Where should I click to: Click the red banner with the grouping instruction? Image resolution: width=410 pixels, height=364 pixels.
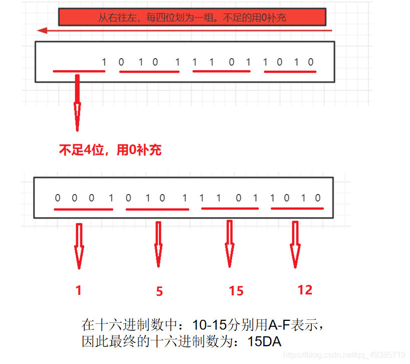pos(192,18)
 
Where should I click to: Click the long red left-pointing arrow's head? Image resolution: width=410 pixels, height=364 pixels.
pos(43,31)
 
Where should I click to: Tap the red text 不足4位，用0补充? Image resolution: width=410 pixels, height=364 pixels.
pos(110,150)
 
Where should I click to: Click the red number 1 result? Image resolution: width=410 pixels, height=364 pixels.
pos(78,290)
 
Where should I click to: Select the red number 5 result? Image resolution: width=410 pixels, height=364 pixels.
pos(159,291)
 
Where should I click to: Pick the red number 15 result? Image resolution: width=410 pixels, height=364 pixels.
pos(236,291)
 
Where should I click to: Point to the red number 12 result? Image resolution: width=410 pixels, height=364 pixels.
pos(304,290)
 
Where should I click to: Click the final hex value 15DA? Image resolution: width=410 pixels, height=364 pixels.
pos(265,342)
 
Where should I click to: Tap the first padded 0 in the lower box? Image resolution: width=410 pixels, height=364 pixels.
pos(57,198)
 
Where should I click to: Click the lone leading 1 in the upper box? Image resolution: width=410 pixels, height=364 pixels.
pos(104,63)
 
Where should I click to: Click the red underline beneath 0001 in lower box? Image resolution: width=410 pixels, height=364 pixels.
pos(83,208)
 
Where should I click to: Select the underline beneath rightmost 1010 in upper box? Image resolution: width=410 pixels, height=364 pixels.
pos(290,72)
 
